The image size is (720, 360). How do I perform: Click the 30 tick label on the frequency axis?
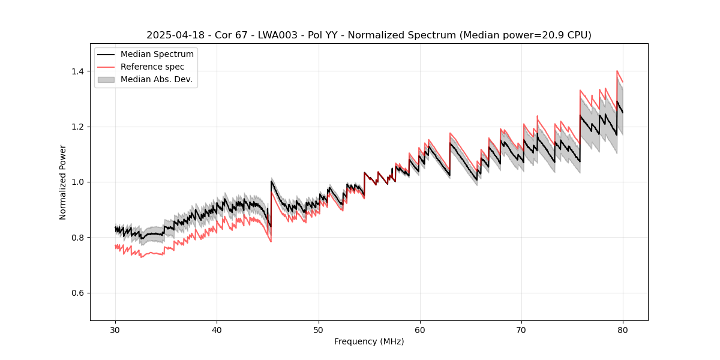[x=115, y=329]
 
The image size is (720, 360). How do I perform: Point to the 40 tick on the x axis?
[x=217, y=329]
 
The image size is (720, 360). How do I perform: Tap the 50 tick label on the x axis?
[x=318, y=329]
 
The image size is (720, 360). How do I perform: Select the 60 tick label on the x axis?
[x=419, y=329]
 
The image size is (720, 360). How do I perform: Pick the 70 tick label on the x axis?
[x=521, y=329]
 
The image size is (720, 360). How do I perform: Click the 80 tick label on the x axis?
[x=622, y=329]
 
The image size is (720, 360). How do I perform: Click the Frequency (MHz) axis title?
[x=369, y=341]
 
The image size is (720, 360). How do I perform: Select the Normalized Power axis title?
[x=63, y=182]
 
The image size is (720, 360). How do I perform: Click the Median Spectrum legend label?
[x=157, y=54]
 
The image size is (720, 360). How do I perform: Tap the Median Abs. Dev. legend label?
[x=157, y=79]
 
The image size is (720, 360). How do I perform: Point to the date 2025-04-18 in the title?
[x=172, y=35]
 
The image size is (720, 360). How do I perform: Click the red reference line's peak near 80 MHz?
[x=617, y=71]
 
